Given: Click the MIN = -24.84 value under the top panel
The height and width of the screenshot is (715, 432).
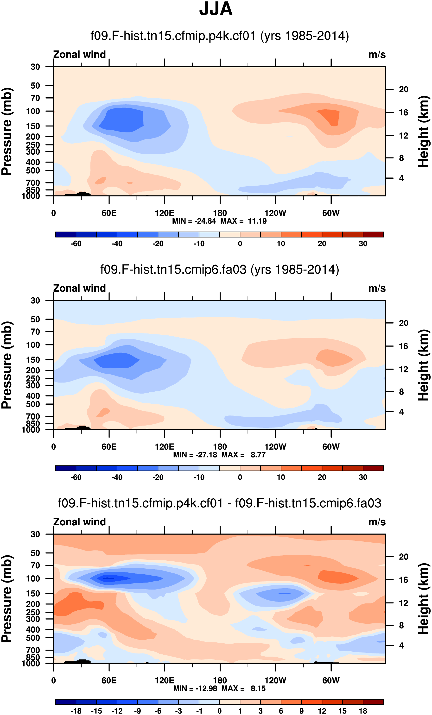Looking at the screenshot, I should point(194,221).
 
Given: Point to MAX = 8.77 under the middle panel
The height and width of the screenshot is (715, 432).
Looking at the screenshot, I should point(243,455).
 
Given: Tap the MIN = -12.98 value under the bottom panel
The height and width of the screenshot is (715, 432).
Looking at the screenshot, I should point(195,688).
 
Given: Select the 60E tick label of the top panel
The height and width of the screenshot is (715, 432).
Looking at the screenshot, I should point(109,213).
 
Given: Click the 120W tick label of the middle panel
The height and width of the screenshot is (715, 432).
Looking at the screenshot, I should point(275,447).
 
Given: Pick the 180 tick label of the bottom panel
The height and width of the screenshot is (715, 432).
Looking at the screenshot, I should point(220,680).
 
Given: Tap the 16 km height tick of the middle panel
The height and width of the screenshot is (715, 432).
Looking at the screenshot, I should point(403,346).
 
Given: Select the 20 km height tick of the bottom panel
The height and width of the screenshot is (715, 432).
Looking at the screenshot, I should point(403,557).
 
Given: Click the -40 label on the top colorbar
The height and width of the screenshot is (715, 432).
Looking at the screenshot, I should point(117,244).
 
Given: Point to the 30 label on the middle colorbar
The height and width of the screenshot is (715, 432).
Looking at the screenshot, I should point(363,477).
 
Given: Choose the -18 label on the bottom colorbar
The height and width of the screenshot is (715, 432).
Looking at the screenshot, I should point(76,711).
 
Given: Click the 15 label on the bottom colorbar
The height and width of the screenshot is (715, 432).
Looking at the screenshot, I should point(342,711).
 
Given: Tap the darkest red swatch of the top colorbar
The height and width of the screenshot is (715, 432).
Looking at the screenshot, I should point(373,234).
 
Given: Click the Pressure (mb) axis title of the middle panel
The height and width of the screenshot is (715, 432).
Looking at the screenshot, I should point(7,365).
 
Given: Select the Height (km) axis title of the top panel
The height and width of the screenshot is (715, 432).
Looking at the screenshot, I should point(424,131).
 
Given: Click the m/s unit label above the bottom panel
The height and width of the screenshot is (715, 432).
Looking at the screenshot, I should point(377,522).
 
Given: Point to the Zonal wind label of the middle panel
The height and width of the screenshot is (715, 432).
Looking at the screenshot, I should point(79,289).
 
